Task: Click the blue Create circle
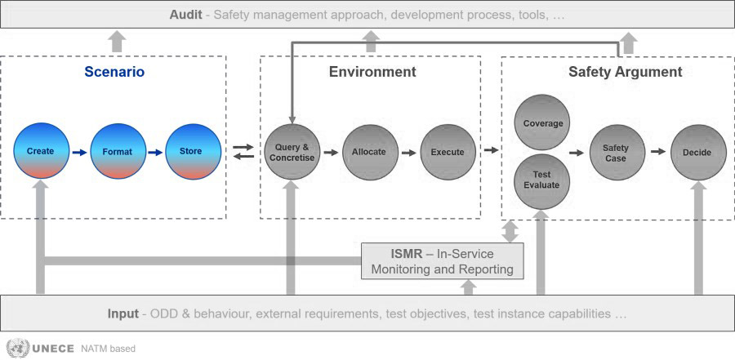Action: (x=41, y=151)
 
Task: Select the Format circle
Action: (x=118, y=151)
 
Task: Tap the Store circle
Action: (x=193, y=151)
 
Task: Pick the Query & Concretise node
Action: (x=292, y=152)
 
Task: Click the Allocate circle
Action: (x=370, y=152)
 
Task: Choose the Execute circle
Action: (x=448, y=152)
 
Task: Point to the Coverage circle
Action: (x=542, y=122)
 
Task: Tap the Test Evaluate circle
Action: (x=542, y=182)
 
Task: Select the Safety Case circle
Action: (x=617, y=153)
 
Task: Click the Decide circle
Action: (x=698, y=153)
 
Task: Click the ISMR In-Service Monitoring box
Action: (x=443, y=261)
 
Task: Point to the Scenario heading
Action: (x=114, y=72)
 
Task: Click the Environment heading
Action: (x=372, y=72)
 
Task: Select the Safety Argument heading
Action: (x=626, y=72)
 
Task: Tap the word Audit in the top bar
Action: (x=185, y=15)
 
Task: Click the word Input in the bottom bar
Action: (x=122, y=313)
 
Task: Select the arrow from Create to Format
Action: (x=80, y=153)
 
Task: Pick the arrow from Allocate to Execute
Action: (x=409, y=153)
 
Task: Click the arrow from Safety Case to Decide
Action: (x=658, y=151)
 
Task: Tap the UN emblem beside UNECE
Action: (x=17, y=349)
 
